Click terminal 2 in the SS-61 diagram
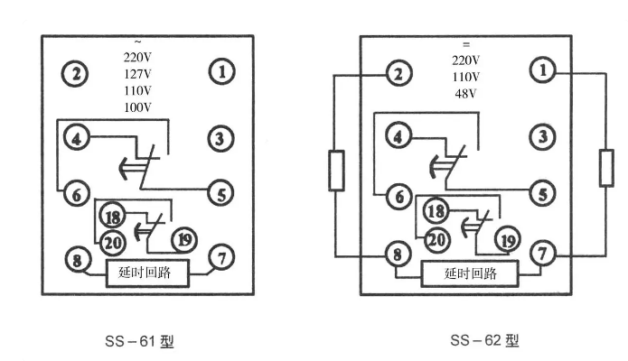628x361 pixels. (x=78, y=73)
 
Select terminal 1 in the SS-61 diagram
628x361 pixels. (x=220, y=71)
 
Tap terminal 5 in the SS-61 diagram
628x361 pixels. (x=220, y=191)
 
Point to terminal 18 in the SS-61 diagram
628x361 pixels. (x=112, y=218)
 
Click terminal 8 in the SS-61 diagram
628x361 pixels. (x=79, y=262)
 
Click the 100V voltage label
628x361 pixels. (x=138, y=106)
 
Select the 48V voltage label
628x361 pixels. (x=466, y=92)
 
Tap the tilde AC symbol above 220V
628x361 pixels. (x=137, y=42)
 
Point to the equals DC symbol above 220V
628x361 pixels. (x=466, y=43)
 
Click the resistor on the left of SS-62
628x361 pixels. (x=336, y=171)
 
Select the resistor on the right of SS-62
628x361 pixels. (x=606, y=168)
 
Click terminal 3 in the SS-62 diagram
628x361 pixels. (x=542, y=136)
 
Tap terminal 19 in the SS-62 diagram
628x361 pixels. (x=508, y=239)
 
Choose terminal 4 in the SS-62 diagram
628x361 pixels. (x=398, y=136)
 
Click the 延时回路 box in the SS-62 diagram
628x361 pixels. (x=471, y=272)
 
